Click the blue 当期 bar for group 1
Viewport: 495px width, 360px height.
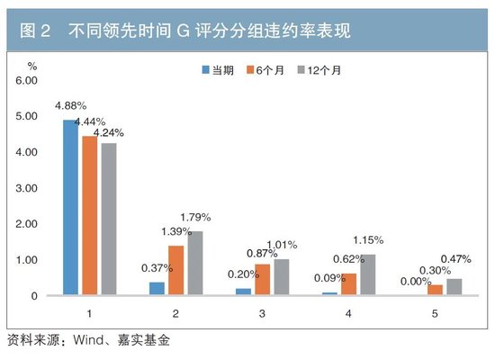point(70,207)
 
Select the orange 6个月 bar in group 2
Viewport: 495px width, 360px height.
point(176,270)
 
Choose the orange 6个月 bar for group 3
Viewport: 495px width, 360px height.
point(262,279)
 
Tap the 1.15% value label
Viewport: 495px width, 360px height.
point(368,239)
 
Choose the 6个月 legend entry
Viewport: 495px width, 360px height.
point(265,69)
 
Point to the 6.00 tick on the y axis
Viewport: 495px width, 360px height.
point(26,80)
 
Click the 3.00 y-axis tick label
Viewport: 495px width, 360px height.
point(26,188)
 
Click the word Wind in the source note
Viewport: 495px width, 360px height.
point(90,341)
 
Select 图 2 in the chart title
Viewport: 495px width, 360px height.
point(36,31)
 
